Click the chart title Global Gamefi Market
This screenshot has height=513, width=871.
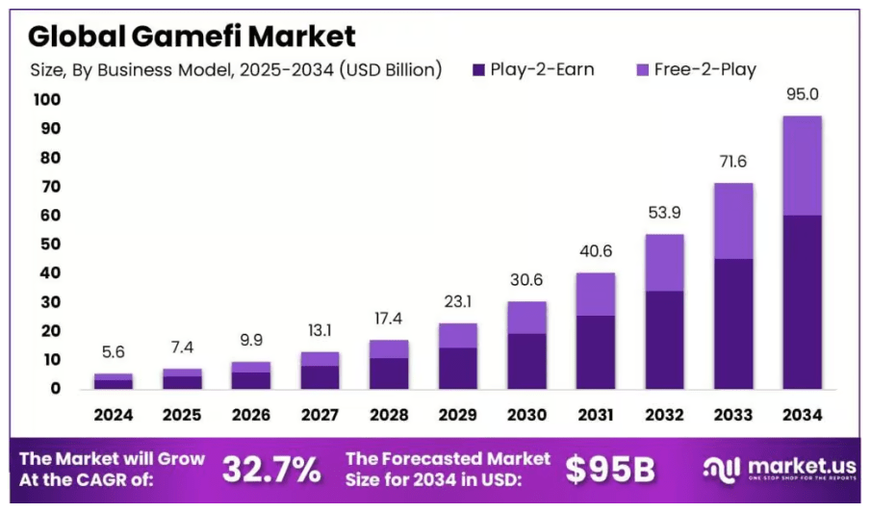tap(191, 36)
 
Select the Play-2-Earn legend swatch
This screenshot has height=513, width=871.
tap(478, 69)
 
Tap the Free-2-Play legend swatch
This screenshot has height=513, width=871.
tap(643, 69)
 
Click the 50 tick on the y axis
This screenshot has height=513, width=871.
tap(48, 244)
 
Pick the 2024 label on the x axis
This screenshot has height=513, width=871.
tap(113, 416)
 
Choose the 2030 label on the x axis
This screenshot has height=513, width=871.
tap(526, 416)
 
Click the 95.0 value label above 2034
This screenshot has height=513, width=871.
tap(802, 95)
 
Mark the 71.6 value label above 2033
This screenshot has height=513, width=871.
tap(733, 163)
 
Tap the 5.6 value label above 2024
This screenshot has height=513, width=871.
tap(113, 353)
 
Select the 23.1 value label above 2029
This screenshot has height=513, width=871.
tap(457, 302)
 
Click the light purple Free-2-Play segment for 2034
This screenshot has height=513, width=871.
tap(802, 166)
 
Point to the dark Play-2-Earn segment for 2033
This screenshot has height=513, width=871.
tap(733, 323)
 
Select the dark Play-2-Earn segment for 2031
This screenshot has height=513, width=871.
tap(596, 351)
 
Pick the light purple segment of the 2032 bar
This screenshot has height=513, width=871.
tap(664, 263)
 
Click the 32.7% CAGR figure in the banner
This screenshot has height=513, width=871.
tap(271, 470)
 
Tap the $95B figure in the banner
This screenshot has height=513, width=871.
tap(609, 470)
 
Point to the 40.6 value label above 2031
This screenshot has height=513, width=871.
tap(596, 252)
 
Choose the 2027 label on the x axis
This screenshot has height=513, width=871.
tap(320, 416)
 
